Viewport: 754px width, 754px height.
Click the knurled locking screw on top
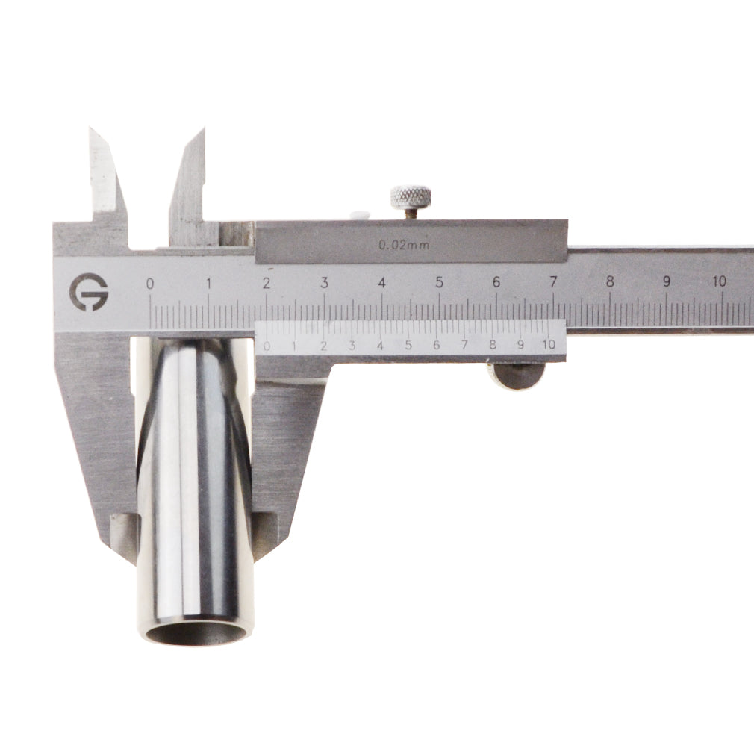point(410,198)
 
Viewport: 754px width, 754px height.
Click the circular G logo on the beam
point(89,292)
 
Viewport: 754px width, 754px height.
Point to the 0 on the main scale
point(150,284)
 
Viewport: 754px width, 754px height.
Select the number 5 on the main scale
point(439,283)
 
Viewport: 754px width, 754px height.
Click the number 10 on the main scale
point(720,281)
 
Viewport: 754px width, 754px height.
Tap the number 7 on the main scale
point(553,281)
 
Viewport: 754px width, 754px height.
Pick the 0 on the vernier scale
point(267,346)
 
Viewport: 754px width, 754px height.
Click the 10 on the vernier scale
point(549,344)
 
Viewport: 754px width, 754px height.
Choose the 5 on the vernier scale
point(408,345)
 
